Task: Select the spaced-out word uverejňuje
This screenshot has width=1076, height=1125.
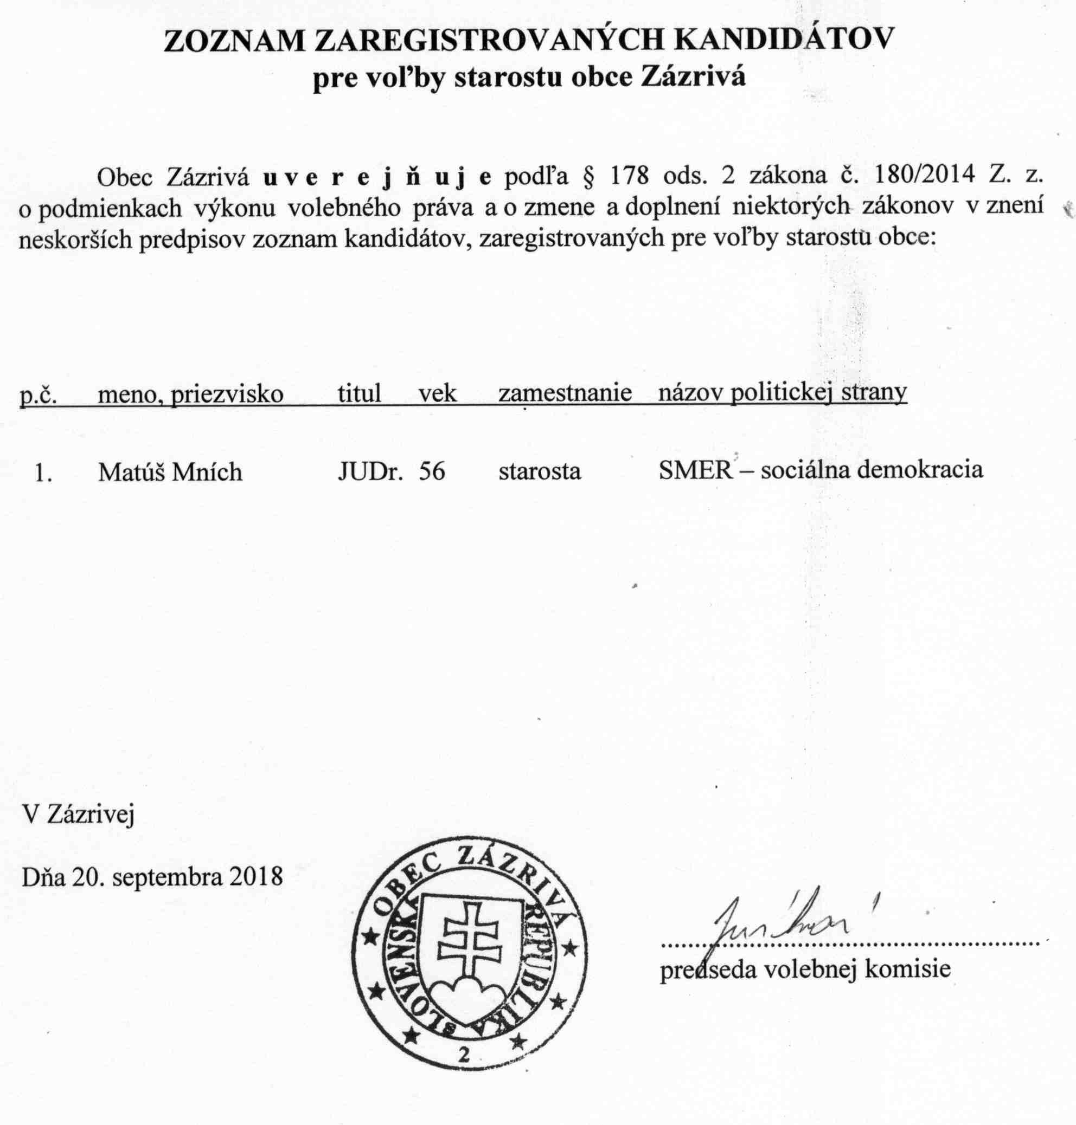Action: pyautogui.click(x=377, y=177)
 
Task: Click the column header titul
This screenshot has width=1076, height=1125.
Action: pyautogui.click(x=359, y=393)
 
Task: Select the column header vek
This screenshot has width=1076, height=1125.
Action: pyautogui.click(x=437, y=393)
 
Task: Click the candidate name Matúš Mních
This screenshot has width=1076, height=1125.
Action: pyautogui.click(x=170, y=471)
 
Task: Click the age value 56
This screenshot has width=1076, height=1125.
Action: pyautogui.click(x=432, y=471)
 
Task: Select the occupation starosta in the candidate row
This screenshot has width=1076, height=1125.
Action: pyautogui.click(x=539, y=471)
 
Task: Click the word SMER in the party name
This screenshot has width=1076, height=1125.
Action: pyautogui.click(x=695, y=470)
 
